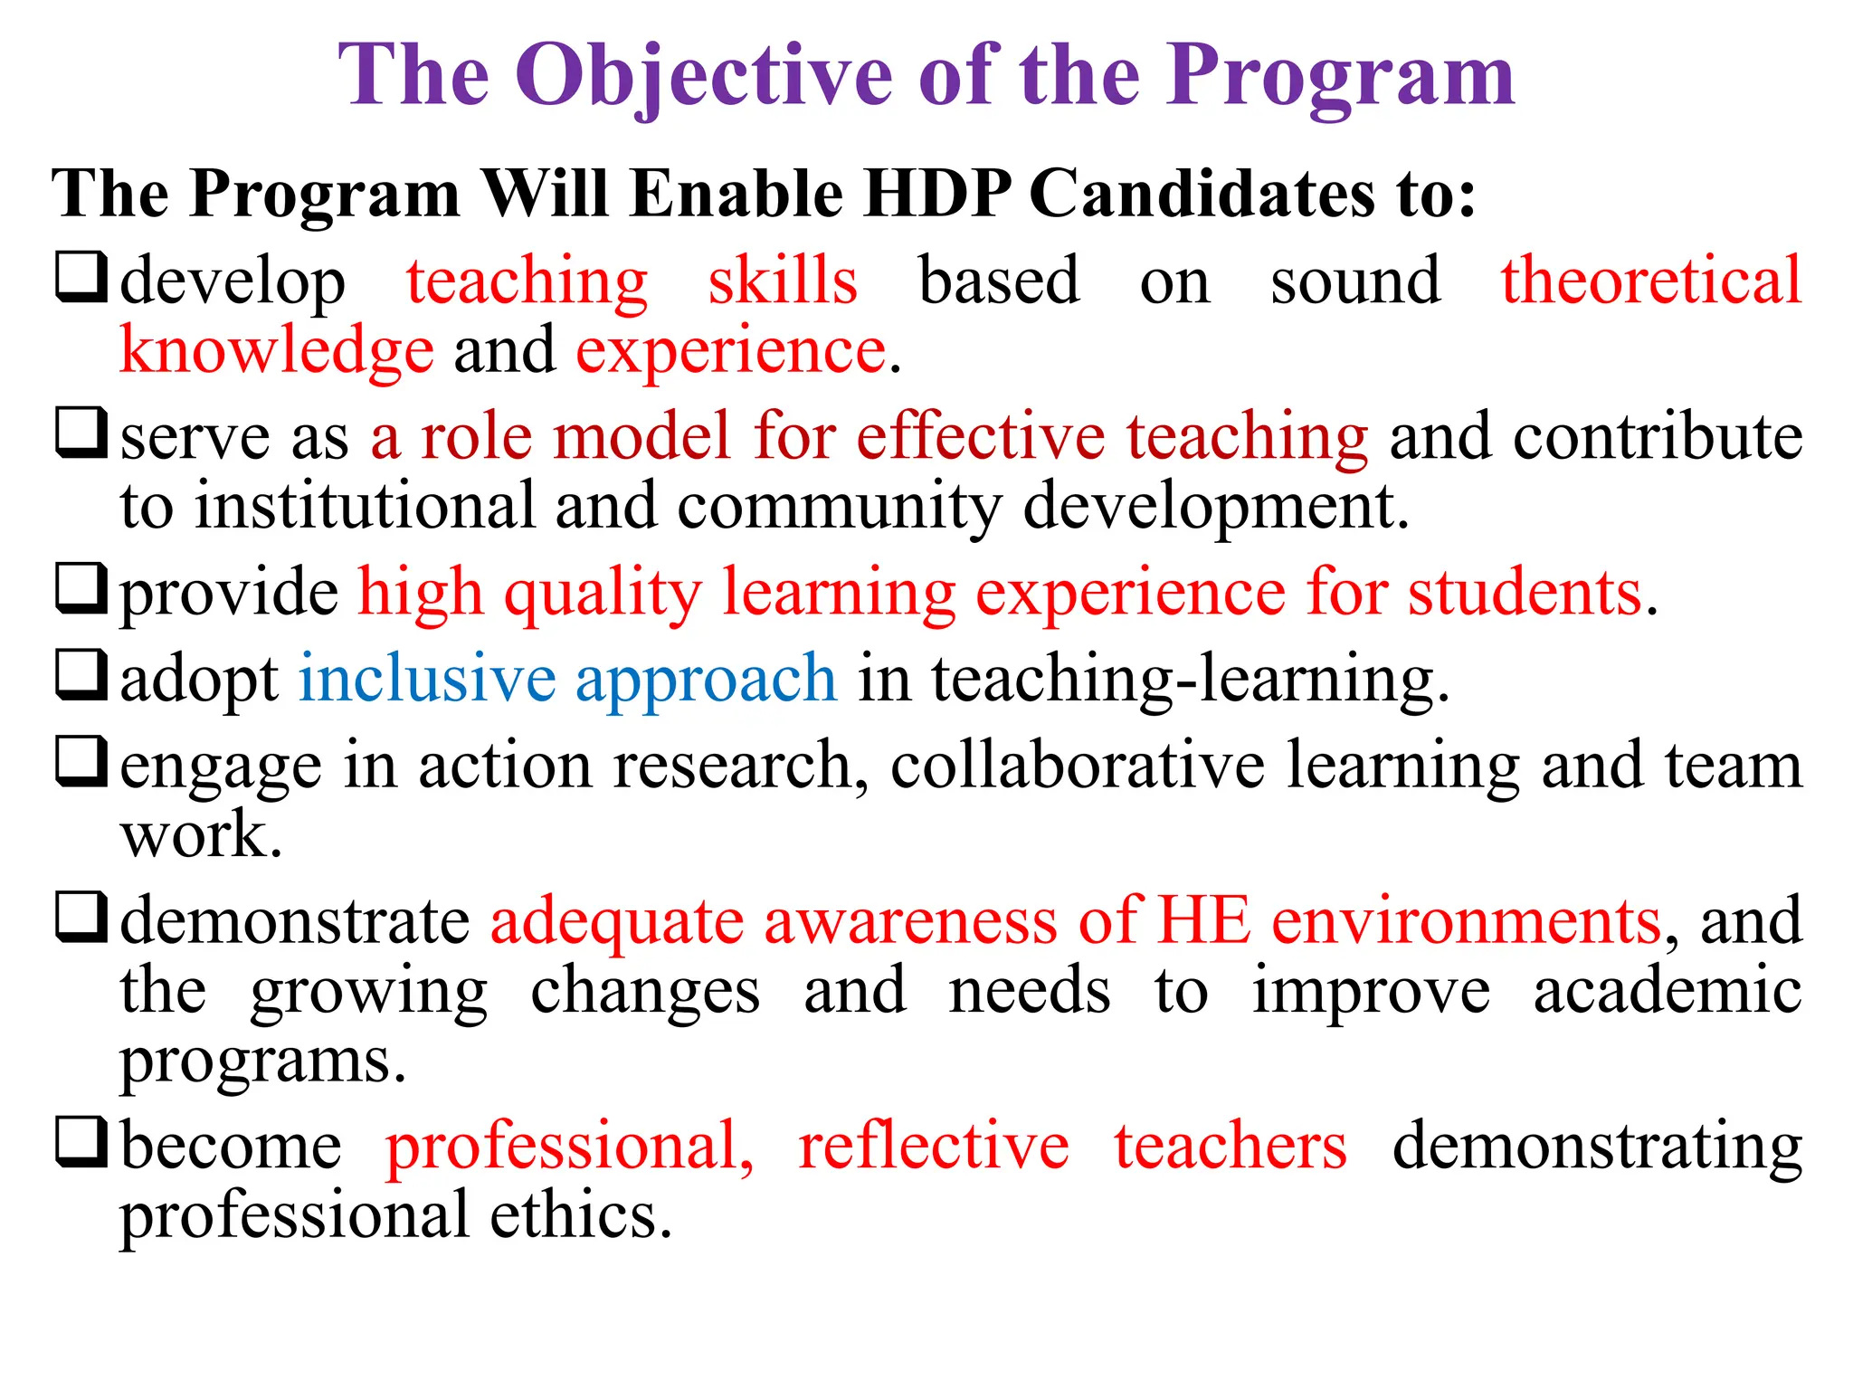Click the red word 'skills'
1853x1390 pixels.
[x=783, y=281]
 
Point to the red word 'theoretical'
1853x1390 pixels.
[x=1651, y=281]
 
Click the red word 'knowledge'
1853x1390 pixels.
[x=276, y=351]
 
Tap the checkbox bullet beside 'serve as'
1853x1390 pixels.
[x=81, y=433]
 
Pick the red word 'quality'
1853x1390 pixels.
[x=603, y=595]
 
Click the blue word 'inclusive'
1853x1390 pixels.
[x=427, y=679]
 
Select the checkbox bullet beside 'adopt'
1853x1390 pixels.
[x=81, y=675]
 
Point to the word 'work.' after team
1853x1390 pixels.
[x=201, y=834]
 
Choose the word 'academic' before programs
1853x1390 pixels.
[x=1667, y=990]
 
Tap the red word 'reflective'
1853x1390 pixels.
[x=933, y=1146]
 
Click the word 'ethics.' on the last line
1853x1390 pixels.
[x=581, y=1214]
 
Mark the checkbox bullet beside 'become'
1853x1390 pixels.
[x=81, y=1142]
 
